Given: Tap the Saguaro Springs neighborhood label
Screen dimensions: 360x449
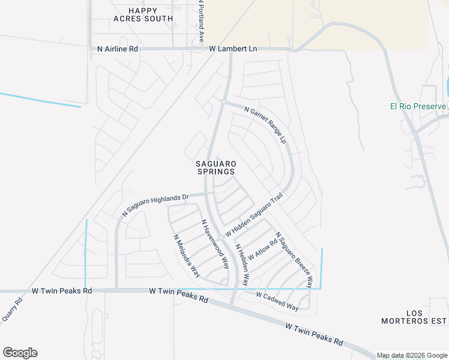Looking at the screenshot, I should pos(215,167).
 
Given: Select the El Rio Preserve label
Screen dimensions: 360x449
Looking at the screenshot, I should pos(417,107).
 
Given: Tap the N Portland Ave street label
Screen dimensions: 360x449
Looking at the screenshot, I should pos(202,21).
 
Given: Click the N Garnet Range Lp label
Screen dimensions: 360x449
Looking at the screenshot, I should pos(265,124).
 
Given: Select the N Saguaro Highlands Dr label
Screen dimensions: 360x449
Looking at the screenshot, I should pos(155,204).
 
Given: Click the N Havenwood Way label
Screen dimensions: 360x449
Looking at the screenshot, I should pos(215,244).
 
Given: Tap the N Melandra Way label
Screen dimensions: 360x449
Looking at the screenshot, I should pos(187,255).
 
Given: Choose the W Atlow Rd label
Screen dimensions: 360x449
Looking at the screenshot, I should pos(262,248).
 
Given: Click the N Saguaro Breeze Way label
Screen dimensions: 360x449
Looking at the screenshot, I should pos(294,259).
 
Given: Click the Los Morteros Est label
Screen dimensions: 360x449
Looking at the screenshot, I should pos(415,317).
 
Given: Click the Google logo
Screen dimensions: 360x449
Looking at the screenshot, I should pos(20,353).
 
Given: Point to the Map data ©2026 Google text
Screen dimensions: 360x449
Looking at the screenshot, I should pos(412,355).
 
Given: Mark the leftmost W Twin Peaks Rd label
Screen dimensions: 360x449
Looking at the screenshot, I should pos(62,290).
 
